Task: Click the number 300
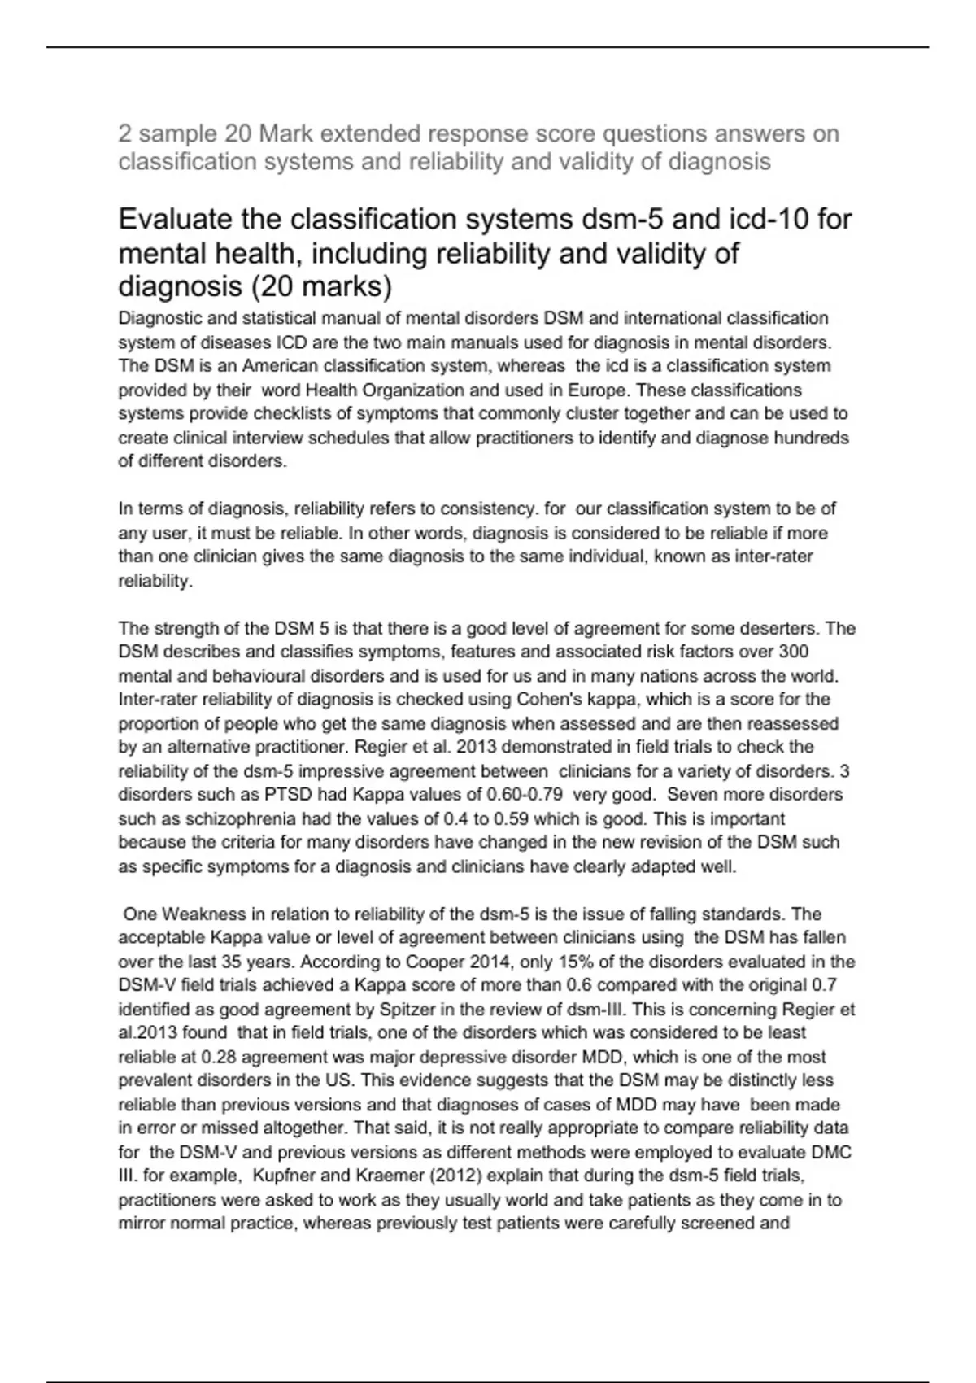(x=793, y=652)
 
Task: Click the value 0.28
(x=218, y=1058)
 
